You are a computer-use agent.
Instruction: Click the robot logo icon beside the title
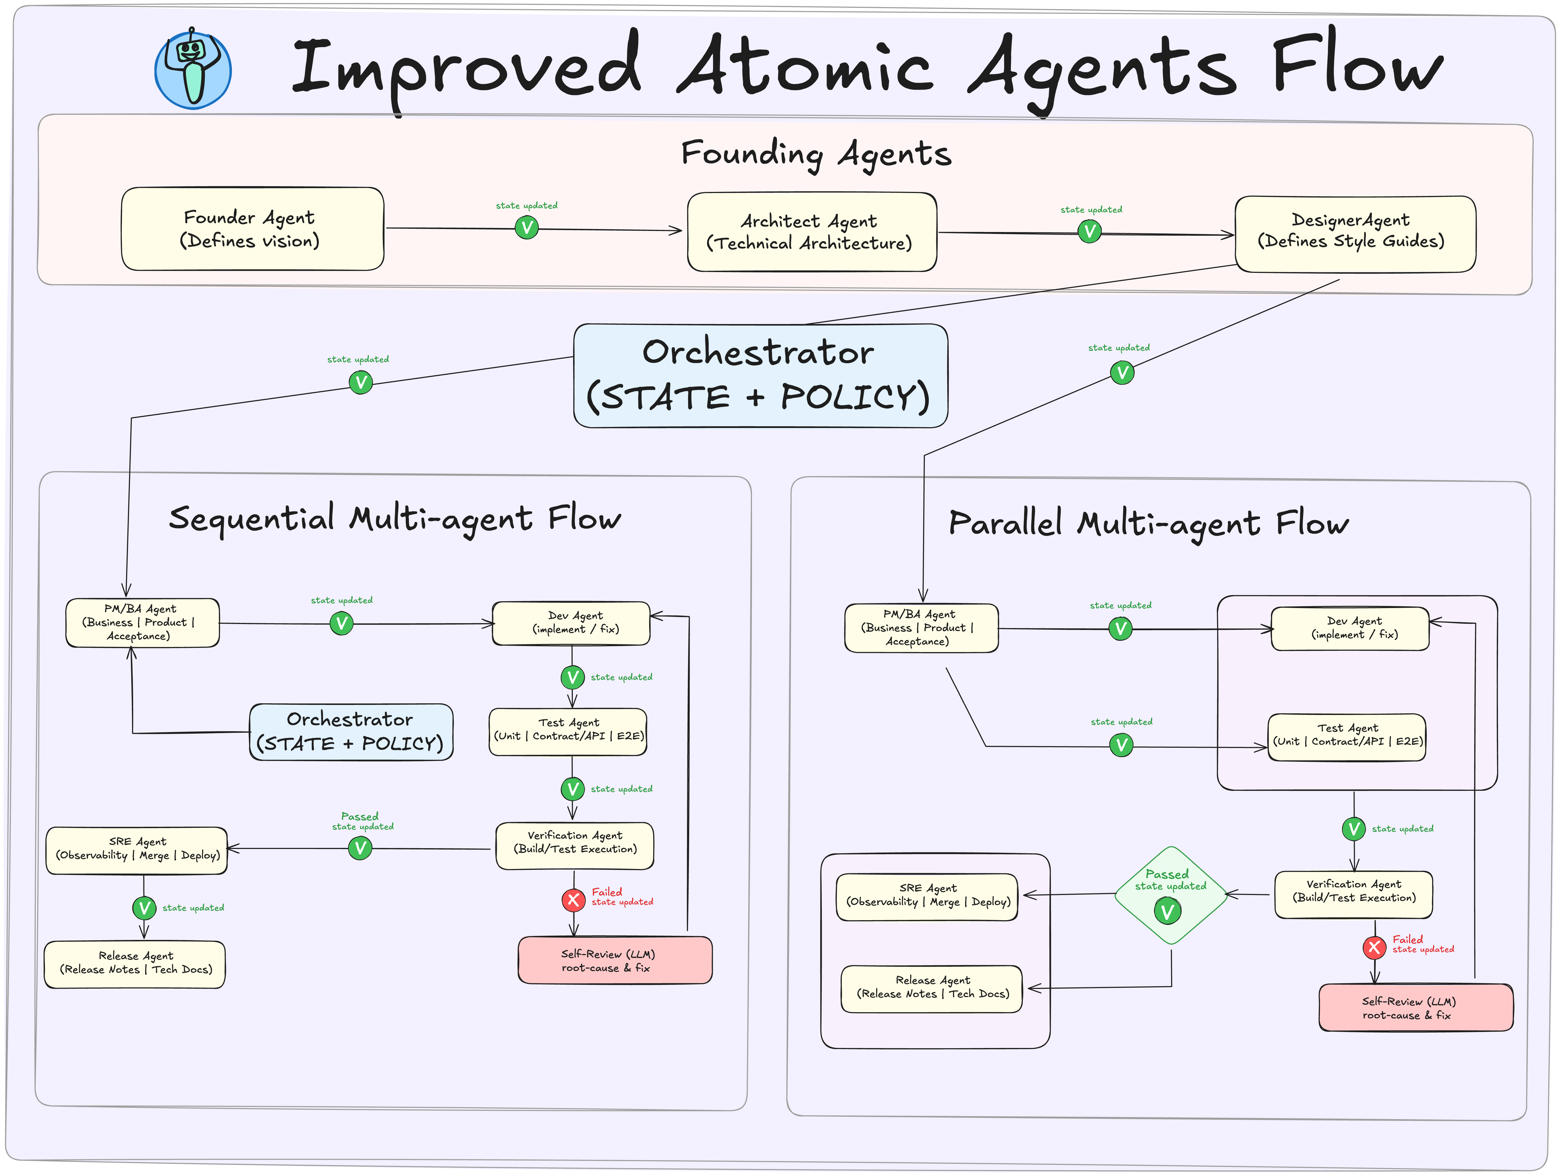[x=193, y=69]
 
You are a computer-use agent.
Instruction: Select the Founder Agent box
[x=252, y=229]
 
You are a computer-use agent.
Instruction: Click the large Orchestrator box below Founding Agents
[x=760, y=375]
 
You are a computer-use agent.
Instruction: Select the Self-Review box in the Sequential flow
[x=615, y=960]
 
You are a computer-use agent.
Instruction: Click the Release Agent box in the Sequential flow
[x=135, y=963]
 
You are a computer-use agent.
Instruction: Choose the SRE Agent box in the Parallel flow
[x=927, y=896]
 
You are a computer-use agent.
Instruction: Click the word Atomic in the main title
[x=804, y=67]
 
